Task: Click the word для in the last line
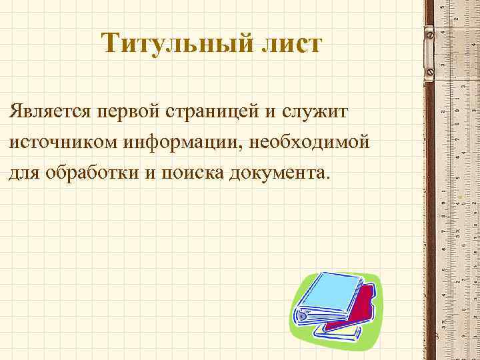24,173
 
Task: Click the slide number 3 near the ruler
435,337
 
